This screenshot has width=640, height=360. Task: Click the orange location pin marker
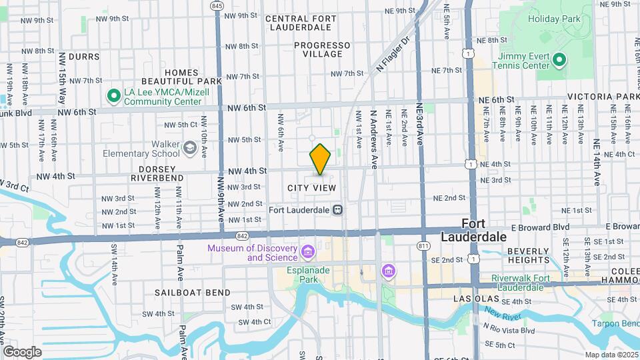click(x=320, y=159)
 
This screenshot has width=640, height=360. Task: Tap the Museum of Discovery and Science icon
click(x=307, y=253)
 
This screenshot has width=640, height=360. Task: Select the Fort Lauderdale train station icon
click(x=338, y=209)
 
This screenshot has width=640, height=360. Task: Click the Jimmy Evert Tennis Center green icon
click(x=560, y=61)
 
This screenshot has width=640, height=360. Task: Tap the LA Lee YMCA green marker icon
click(x=113, y=97)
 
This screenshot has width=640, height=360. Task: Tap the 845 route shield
click(x=216, y=5)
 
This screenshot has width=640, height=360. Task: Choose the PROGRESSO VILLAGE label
click(x=323, y=49)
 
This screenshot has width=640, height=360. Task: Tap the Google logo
click(x=22, y=352)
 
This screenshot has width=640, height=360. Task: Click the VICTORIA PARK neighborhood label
click(x=603, y=97)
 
